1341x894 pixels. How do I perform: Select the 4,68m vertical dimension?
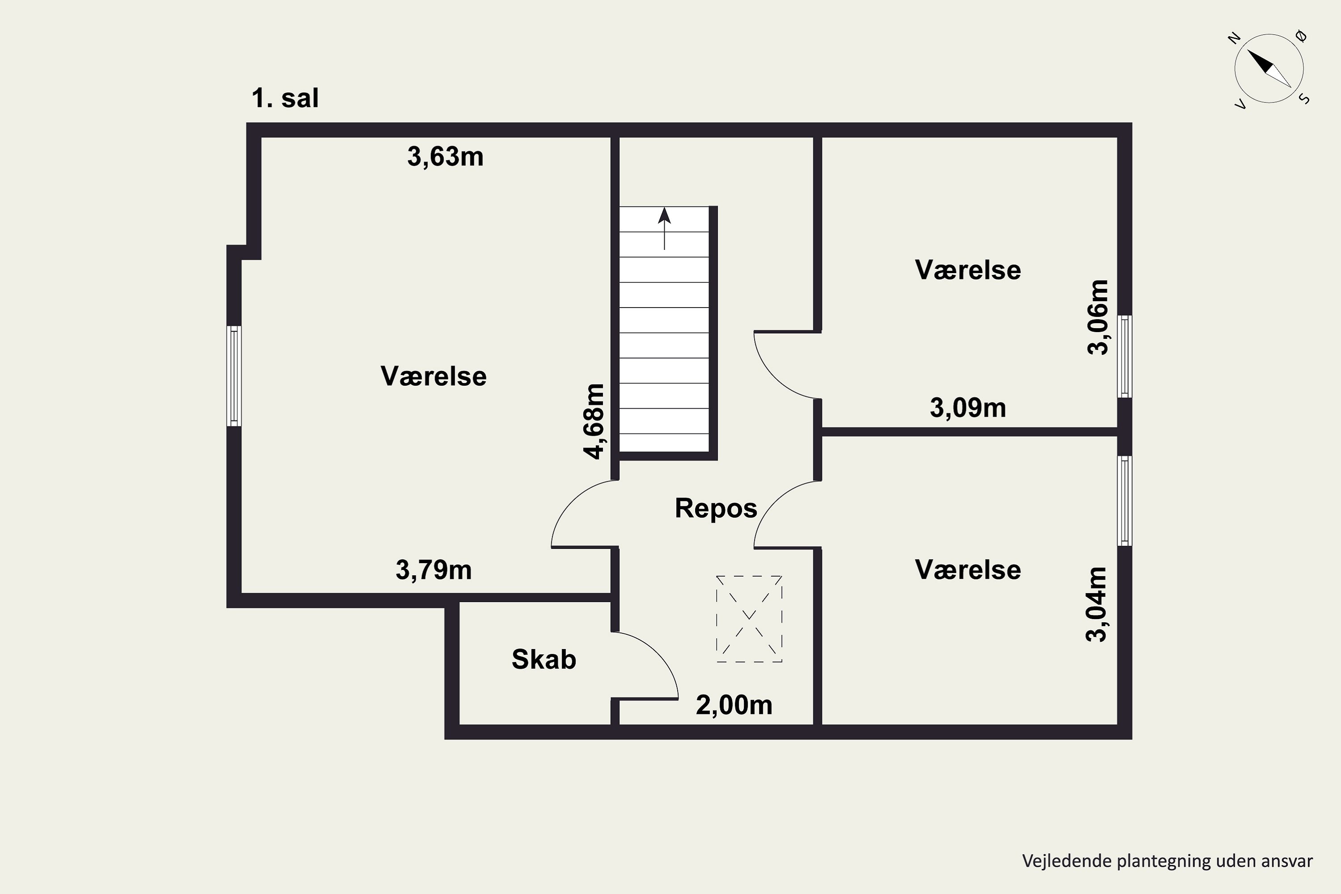(594, 422)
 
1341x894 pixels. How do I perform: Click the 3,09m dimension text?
(968, 408)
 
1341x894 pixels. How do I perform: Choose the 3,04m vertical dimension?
(1096, 604)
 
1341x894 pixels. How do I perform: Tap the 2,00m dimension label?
(734, 705)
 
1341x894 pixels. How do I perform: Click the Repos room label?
(716, 508)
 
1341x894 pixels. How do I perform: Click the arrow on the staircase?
(664, 228)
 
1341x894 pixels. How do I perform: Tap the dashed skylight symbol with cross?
(749, 619)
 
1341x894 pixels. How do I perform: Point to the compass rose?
(1269, 68)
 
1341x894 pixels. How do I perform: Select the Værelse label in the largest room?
(434, 376)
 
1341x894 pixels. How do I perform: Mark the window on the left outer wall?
(234, 376)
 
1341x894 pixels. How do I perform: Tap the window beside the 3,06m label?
(1124, 356)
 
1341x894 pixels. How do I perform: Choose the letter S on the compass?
(1304, 99)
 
